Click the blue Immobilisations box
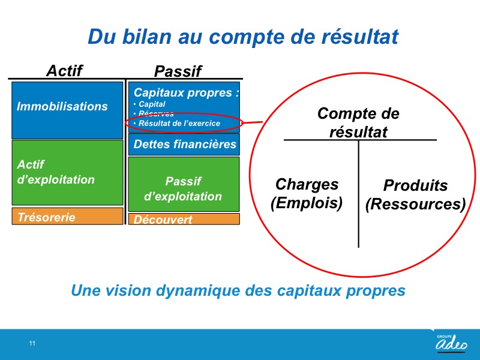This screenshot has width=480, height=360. (x=67, y=110)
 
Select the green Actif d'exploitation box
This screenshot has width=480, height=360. (x=67, y=172)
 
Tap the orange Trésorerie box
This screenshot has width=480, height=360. (x=67, y=216)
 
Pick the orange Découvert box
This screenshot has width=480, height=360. (x=184, y=219)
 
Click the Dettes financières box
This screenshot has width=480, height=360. (x=184, y=144)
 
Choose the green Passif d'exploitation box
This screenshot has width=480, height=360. (x=184, y=184)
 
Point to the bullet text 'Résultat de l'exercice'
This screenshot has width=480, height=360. (x=179, y=124)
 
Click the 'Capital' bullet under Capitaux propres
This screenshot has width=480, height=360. (x=152, y=104)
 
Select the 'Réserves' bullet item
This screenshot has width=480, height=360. (x=156, y=113)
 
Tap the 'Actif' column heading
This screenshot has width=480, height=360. (x=64, y=71)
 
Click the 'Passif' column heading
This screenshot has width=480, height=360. (x=178, y=71)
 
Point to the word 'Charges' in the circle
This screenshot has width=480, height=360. (x=307, y=185)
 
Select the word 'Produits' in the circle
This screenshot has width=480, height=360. (x=415, y=185)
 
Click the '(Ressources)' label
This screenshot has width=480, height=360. (x=415, y=204)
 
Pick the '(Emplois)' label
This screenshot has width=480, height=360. (x=307, y=203)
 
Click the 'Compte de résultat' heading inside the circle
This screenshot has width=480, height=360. (x=358, y=122)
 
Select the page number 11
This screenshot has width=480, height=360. (x=32, y=343)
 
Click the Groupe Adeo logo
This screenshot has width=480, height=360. (x=451, y=342)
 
